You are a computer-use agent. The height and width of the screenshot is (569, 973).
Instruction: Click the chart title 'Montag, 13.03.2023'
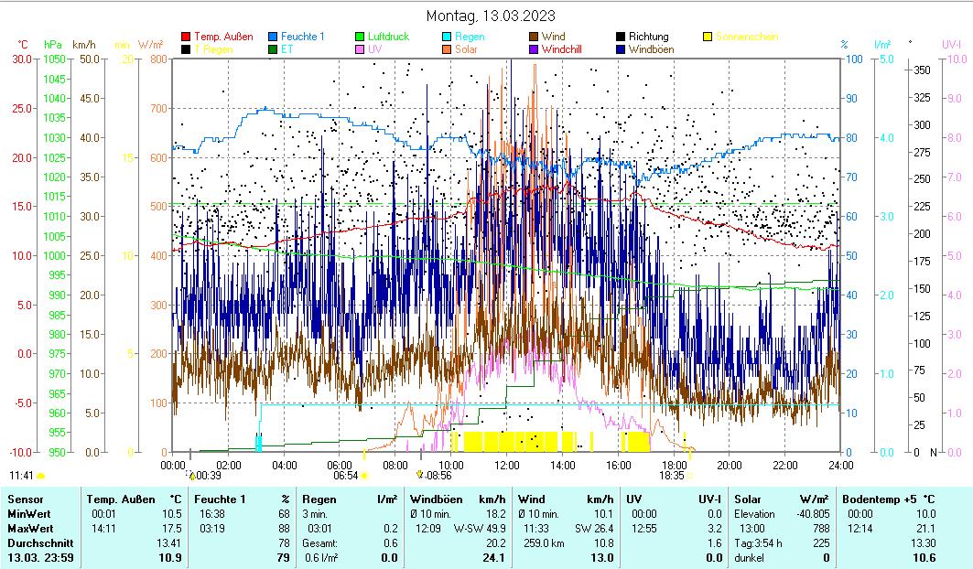click(x=491, y=16)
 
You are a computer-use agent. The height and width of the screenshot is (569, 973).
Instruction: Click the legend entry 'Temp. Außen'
click(x=222, y=37)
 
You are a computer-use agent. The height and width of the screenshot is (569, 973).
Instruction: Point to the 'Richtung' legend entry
click(x=648, y=37)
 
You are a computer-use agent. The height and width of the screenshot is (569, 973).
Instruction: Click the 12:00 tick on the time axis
click(x=506, y=465)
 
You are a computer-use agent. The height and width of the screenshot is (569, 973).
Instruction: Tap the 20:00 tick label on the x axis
click(x=729, y=465)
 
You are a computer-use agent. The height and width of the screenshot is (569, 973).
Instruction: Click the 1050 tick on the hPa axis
click(x=54, y=59)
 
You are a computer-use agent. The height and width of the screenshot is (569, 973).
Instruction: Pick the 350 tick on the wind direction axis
click(x=922, y=70)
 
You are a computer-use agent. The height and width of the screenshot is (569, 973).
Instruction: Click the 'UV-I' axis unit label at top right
click(x=951, y=44)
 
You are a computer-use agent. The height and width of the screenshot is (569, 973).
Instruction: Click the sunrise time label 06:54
click(x=345, y=476)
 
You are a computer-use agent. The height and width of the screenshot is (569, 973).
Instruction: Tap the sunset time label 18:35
click(x=672, y=476)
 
